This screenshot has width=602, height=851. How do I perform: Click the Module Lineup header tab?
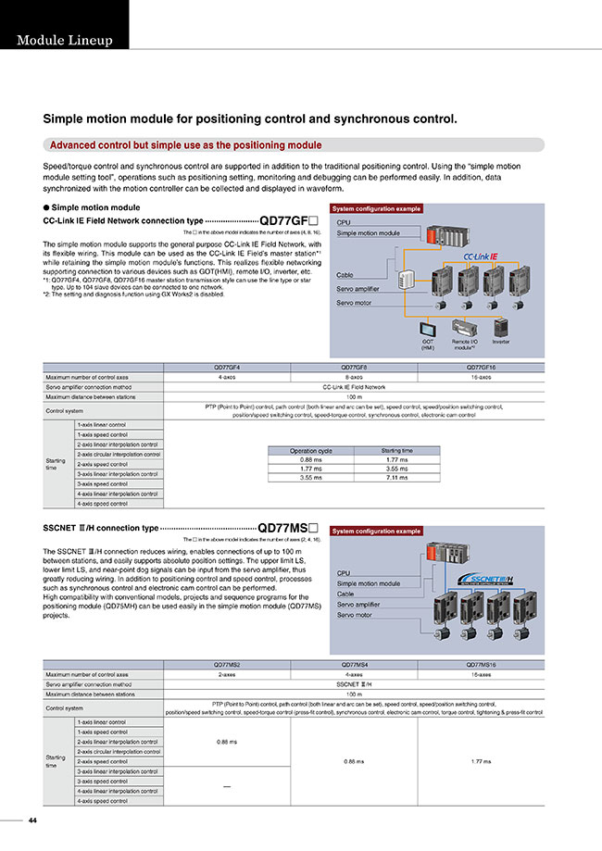64,41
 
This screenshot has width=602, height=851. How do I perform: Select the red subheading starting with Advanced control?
185,145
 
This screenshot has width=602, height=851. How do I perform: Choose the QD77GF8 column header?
354,368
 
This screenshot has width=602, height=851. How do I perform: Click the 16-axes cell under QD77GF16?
481,377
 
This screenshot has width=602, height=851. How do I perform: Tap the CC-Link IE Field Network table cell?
354,387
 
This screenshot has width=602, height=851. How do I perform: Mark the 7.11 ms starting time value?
396,478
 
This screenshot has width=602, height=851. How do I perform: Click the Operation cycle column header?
311,451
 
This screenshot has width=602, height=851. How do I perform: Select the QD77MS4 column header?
354,665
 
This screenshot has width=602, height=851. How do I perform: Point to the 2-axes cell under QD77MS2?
227,674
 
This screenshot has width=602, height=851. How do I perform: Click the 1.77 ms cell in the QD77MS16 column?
481,761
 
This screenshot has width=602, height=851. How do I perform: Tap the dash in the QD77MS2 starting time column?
227,786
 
